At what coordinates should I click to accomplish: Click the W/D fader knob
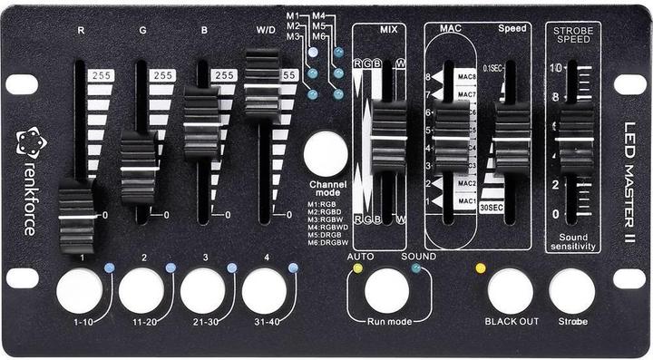point(262,86)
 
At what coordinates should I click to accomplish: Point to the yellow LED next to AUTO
point(357,268)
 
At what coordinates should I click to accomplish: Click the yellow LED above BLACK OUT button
point(481,268)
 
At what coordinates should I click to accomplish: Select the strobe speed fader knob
point(574,141)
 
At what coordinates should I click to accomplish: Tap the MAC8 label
point(467,78)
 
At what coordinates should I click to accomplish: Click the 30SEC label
point(492,207)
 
